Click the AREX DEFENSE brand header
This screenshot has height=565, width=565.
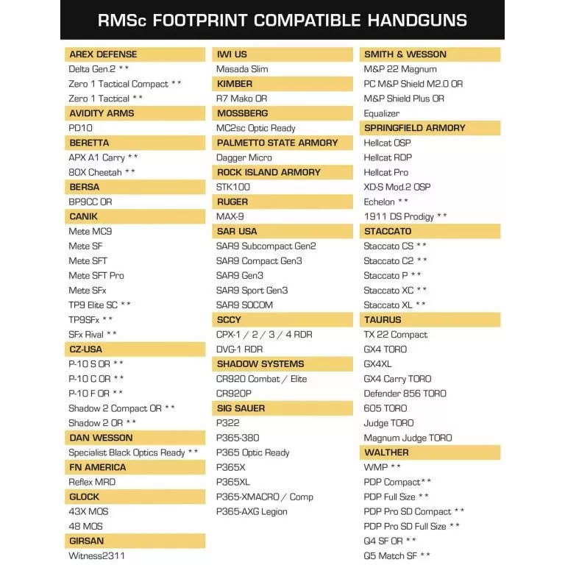click(103, 54)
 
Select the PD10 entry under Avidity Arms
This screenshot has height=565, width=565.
click(81, 128)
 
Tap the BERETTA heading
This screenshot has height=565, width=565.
click(89, 143)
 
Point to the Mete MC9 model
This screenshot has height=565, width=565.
click(90, 231)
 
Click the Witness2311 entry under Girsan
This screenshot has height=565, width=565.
click(97, 555)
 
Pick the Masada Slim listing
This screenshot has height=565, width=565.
click(242, 69)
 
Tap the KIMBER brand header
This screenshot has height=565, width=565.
click(235, 84)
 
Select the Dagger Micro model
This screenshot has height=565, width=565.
click(244, 157)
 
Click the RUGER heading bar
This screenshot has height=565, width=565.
click(232, 202)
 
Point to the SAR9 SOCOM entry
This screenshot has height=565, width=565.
click(244, 305)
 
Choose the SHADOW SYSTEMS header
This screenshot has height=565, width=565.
click(260, 364)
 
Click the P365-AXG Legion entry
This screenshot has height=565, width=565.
click(252, 511)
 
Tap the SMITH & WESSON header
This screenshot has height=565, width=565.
click(405, 54)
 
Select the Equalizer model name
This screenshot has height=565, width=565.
click(382, 113)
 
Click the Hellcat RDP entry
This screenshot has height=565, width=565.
click(388, 157)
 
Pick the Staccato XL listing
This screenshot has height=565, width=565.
click(388, 305)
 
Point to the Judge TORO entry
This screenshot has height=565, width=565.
click(388, 423)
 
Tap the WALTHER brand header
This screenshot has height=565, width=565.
click(386, 452)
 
